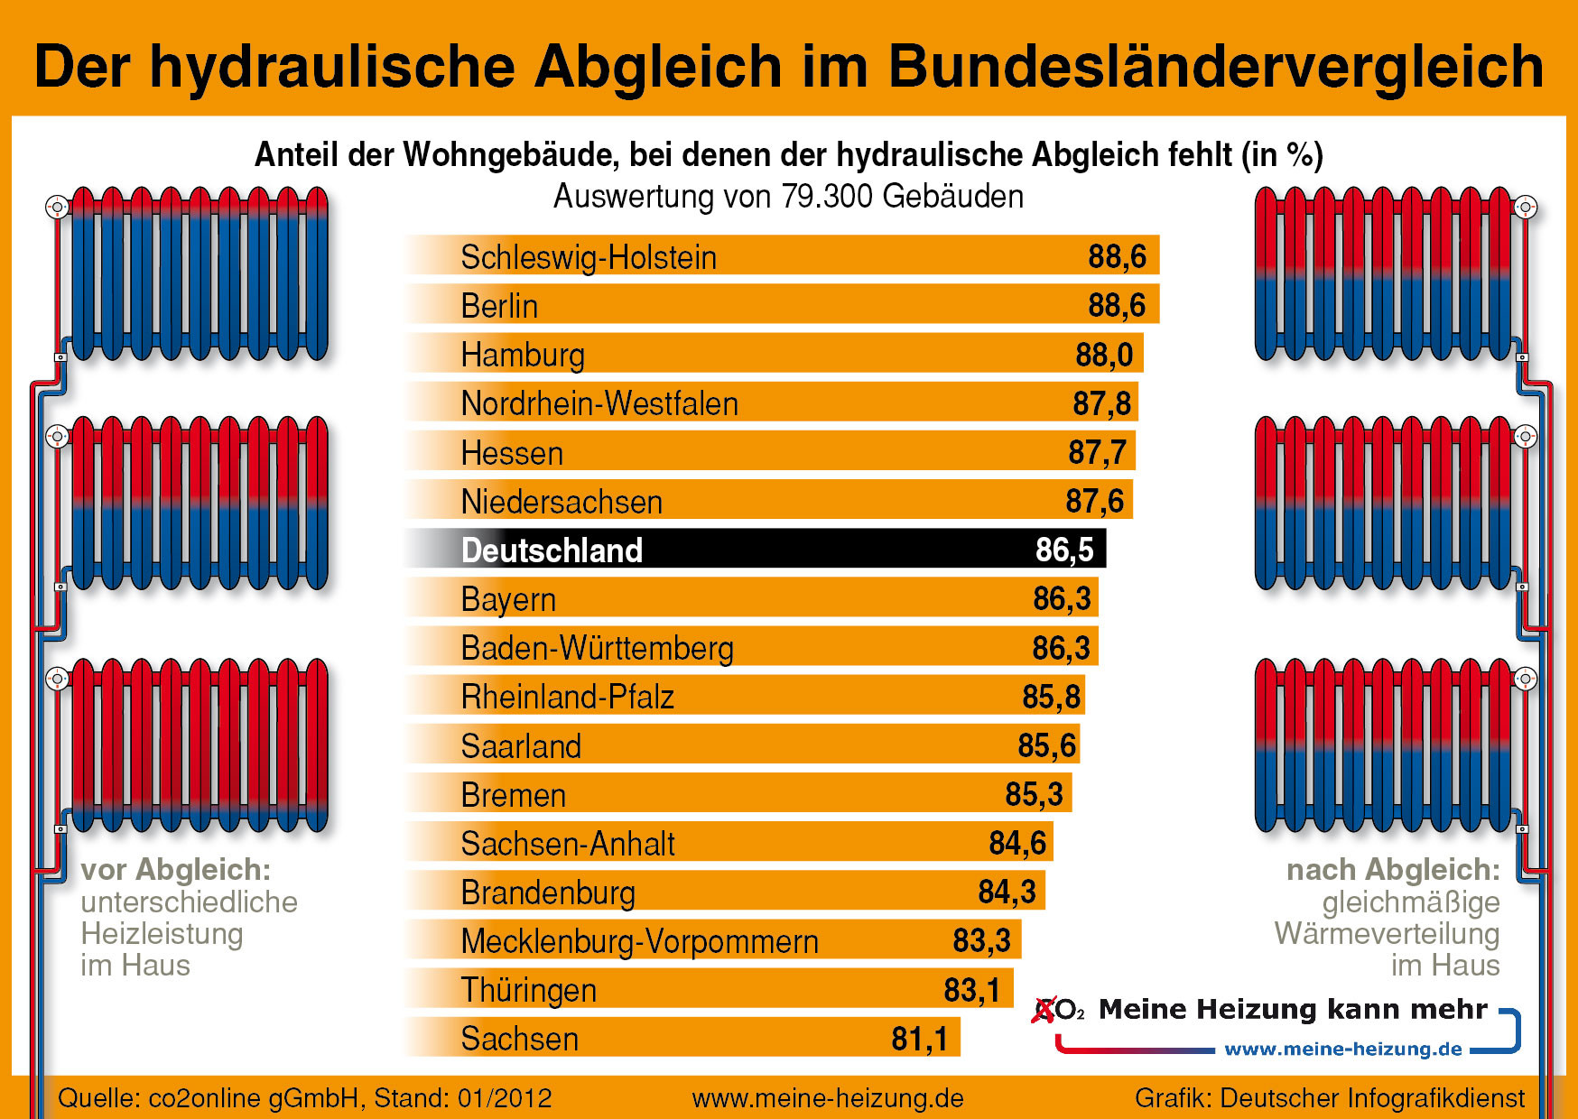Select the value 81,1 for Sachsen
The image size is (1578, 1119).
point(919,1039)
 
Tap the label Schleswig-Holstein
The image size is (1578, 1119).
point(589,257)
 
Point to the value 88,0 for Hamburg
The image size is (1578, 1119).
point(1103,355)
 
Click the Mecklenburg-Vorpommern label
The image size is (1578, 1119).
point(639,941)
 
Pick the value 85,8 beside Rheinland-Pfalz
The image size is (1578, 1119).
point(1051,697)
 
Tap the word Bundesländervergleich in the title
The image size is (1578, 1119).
point(1215,67)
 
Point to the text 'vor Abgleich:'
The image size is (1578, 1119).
point(176,869)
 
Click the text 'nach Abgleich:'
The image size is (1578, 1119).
point(1392,869)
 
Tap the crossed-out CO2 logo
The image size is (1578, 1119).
point(1057,1009)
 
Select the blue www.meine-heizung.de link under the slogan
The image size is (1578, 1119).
point(1342,1049)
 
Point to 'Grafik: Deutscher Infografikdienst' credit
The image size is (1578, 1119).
point(1329,1098)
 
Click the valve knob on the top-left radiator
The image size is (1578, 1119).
point(57,208)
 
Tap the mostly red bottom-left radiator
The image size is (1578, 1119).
point(199,744)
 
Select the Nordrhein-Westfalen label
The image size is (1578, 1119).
point(599,403)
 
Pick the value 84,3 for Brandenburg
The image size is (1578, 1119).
point(1007,892)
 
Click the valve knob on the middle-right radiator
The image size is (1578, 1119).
point(1525,437)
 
